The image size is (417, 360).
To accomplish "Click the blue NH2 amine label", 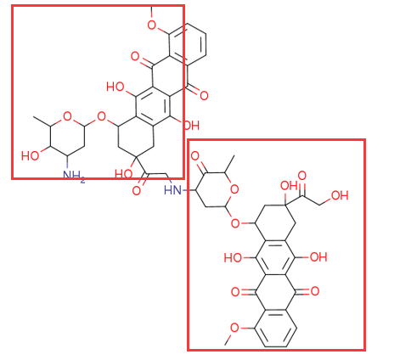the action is click(74, 177).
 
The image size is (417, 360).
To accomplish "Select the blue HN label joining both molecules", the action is click(172, 189).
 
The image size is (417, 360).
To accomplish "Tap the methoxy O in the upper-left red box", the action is click(152, 25).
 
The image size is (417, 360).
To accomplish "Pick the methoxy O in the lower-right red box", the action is click(234, 328).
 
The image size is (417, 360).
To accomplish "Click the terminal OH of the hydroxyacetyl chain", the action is click(340, 195).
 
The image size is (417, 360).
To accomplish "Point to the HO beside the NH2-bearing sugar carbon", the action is click(30, 155).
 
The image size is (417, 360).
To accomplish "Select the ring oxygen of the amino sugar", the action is click(67, 116).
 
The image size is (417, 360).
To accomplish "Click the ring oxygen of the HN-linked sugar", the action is click(234, 189).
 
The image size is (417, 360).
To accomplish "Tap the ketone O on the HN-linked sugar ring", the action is click(195, 156).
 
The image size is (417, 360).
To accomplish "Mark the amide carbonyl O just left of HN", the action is click(137, 190).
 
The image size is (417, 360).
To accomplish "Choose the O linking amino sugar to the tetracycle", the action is click(101, 116).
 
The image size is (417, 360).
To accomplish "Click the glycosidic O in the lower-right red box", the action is click(235, 223).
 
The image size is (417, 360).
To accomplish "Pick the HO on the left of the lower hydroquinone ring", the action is click(233, 257).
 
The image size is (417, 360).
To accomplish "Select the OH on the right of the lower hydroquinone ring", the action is click(318, 257).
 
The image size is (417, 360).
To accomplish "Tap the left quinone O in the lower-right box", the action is click(235, 291).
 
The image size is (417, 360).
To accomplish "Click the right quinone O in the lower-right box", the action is click(314, 291).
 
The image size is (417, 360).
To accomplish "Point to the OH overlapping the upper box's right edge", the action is click(191, 126).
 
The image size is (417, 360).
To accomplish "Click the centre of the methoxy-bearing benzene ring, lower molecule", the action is click(276, 329).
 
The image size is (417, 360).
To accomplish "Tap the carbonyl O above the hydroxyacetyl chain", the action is click(302, 176).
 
